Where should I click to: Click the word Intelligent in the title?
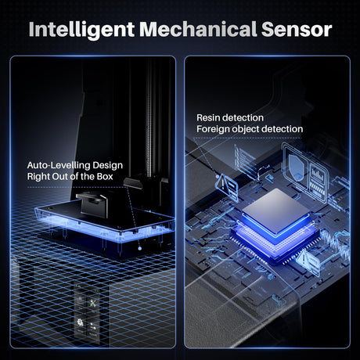(x=81, y=30)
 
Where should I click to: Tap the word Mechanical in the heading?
(x=198, y=29)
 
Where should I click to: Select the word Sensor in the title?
(x=297, y=29)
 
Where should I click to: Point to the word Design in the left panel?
(x=107, y=166)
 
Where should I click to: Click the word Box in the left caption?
(x=105, y=177)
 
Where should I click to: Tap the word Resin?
(x=209, y=117)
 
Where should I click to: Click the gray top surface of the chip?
(x=276, y=210)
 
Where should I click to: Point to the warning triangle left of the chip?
(x=223, y=184)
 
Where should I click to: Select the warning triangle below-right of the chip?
(x=304, y=259)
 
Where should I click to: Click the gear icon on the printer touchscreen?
(x=81, y=323)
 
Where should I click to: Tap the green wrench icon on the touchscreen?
(x=93, y=304)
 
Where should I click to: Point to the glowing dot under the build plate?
(x=140, y=248)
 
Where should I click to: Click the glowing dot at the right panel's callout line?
(x=218, y=177)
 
